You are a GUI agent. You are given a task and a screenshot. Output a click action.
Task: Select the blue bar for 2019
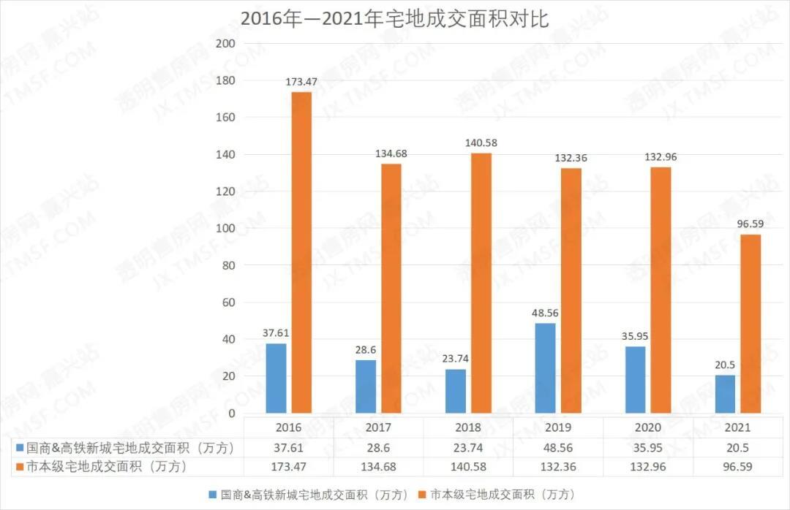pyautogui.click(x=546, y=368)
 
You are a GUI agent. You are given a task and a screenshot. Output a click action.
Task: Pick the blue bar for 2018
pyautogui.click(x=456, y=391)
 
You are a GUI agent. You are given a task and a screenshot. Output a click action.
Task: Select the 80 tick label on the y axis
pyautogui.click(x=228, y=265)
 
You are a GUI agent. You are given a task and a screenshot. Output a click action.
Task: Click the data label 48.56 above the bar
pyautogui.click(x=546, y=313)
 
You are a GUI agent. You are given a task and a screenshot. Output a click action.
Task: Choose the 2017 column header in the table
pyautogui.click(x=378, y=427)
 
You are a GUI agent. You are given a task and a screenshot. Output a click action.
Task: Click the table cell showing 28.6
pyautogui.click(x=378, y=447)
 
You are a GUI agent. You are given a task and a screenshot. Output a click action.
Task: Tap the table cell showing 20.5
pyautogui.click(x=737, y=447)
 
